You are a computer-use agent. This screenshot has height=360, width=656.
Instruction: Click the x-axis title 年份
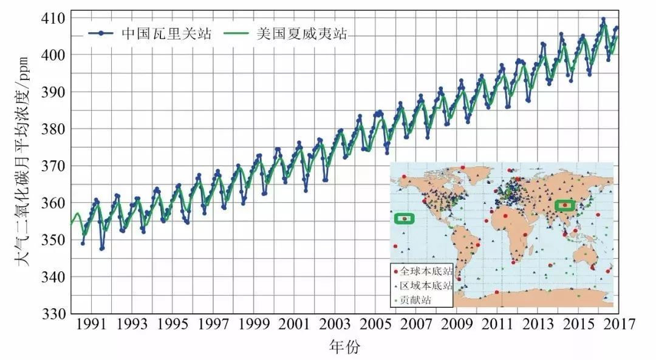[344, 347]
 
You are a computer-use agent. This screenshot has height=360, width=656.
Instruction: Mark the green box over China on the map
[565, 205]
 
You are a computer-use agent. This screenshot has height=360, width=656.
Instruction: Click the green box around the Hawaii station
[404, 219]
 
